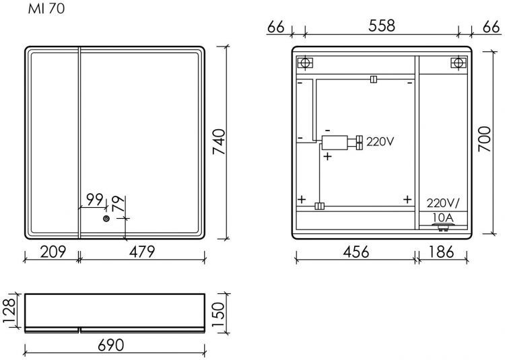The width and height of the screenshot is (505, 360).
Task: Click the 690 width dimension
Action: point(111,345)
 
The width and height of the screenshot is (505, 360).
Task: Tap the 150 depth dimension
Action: point(217,314)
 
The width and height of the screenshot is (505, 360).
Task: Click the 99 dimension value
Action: point(95,200)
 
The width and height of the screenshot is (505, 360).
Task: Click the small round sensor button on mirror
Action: point(106,219)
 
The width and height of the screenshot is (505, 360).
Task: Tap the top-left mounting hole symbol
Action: point(305,63)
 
